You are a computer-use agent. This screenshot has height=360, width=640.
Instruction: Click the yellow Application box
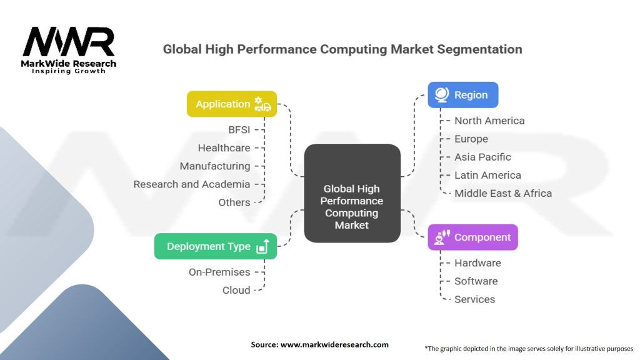231,104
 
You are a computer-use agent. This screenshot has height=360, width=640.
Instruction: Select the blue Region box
462,95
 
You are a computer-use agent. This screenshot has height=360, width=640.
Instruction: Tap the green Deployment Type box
215,246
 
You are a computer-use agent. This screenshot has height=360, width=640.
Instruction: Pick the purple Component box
472,237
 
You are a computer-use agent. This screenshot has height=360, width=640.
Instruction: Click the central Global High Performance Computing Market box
352,194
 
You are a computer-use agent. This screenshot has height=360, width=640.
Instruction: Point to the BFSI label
239,130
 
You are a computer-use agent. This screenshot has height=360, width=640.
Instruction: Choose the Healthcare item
224,148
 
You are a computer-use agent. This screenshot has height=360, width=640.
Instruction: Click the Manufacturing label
215,166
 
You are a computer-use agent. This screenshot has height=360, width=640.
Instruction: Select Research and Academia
192,184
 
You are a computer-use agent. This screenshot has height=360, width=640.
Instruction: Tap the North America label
489,121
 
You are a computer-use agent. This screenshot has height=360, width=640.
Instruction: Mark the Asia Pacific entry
482,157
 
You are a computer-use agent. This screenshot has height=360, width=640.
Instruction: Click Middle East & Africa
503,193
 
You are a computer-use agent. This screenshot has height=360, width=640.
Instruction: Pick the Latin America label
487,175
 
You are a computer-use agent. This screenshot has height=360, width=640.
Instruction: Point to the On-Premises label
219,272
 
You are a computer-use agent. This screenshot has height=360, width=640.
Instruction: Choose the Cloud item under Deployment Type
236,290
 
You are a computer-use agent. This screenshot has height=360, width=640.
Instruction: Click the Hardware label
477,263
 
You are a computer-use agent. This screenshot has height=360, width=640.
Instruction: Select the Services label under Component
474,299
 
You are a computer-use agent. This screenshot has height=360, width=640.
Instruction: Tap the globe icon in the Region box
442,95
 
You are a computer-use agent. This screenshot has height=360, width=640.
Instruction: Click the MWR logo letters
69,42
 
